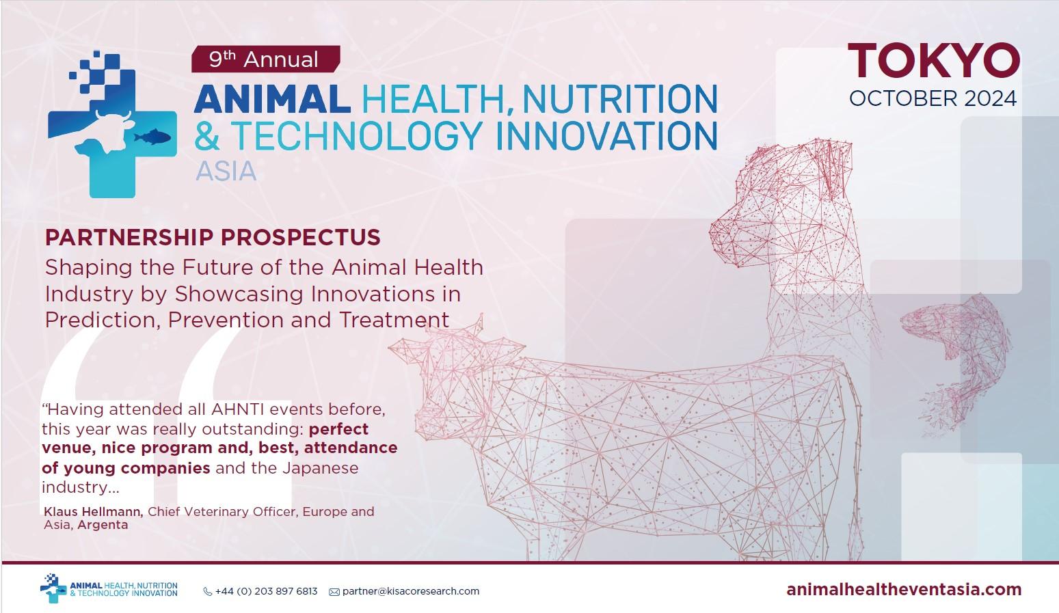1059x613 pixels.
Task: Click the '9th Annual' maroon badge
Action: click(x=266, y=59)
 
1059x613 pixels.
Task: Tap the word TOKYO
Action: click(x=934, y=61)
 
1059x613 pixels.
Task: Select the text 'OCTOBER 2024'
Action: click(x=933, y=99)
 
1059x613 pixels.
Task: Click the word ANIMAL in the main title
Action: click(x=272, y=99)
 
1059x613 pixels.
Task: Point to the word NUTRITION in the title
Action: click(x=620, y=99)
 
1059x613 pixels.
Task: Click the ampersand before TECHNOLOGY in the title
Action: click(x=209, y=135)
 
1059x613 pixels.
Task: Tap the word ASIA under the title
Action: click(x=226, y=171)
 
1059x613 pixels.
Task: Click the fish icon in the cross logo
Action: click(x=152, y=137)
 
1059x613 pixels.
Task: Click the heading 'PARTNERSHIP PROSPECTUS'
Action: click(x=213, y=237)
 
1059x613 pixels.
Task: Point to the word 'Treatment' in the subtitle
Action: click(x=394, y=320)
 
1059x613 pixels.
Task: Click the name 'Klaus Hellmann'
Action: click(x=93, y=512)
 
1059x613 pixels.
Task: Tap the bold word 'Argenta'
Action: click(x=103, y=525)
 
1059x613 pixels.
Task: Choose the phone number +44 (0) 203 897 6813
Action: click(x=266, y=591)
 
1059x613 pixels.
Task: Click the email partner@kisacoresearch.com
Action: click(x=410, y=591)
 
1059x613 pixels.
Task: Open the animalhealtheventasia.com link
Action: click(x=904, y=589)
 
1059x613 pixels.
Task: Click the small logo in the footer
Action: click(x=109, y=588)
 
